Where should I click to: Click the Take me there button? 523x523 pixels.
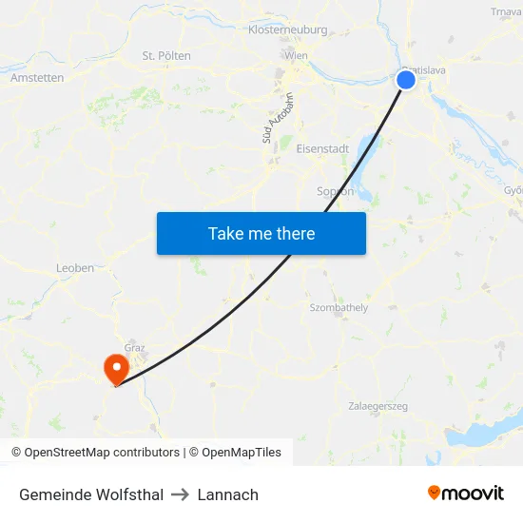pos(261,233)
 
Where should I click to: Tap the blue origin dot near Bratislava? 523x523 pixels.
pos(406,80)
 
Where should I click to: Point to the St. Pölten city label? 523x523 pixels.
pos(166,56)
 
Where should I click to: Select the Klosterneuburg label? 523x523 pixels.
pos(287,29)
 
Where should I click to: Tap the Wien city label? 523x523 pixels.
pos(296,56)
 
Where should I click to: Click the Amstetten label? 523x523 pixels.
pos(37,78)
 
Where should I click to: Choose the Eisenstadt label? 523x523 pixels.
pos(322,149)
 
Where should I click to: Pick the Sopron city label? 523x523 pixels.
pos(335,191)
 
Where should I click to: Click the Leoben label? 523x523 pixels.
pos(75,268)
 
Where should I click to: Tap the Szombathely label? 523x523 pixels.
pos(339,308)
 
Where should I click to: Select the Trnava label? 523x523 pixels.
pos(506,12)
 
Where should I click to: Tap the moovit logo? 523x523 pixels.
pos(466,493)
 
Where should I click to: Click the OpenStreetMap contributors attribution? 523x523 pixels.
pos(95,453)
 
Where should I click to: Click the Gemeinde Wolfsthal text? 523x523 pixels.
pos(91,494)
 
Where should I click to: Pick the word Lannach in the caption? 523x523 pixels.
pos(228,494)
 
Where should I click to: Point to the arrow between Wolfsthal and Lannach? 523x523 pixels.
pos(181,494)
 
